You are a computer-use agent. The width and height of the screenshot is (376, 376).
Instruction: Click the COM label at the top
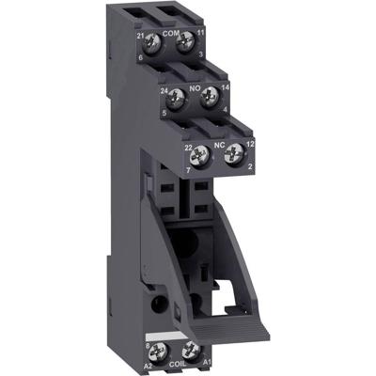point(171,32)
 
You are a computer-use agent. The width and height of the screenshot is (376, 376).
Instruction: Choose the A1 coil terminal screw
point(190,350)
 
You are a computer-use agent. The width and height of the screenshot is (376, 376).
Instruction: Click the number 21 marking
point(139,33)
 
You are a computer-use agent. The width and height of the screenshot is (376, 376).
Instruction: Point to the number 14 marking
point(226,86)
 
